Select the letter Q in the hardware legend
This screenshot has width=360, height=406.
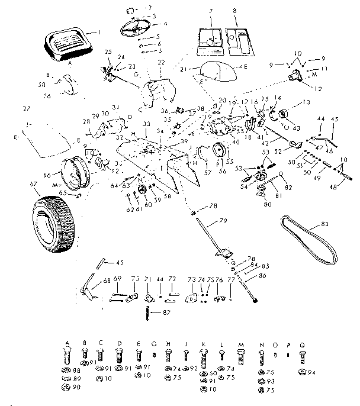[301, 343]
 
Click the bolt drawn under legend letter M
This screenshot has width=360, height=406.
[241, 357]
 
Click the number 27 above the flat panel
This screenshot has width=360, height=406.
[25, 109]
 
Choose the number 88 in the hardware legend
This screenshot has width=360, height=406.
[77, 370]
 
